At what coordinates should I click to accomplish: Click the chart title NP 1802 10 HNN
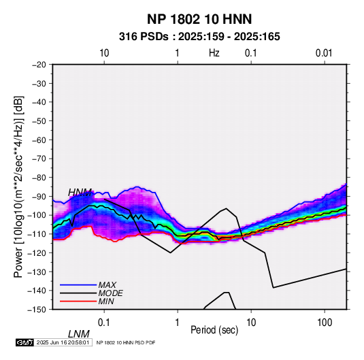coord(199,19)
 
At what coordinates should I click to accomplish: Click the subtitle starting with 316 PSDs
coord(199,37)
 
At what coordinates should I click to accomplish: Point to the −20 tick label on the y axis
coord(39,65)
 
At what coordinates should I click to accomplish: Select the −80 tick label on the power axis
coord(39,178)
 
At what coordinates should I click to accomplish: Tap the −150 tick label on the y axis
coord(37,310)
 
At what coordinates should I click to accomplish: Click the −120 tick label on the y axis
coord(37,252)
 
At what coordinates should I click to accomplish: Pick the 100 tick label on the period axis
coord(325,323)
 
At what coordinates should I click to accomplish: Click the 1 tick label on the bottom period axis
coord(178,323)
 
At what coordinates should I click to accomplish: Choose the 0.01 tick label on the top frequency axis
coord(324,53)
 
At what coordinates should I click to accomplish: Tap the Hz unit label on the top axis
coord(214,53)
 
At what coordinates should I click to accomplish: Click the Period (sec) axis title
coord(214,330)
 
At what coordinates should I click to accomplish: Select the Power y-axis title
coord(18,186)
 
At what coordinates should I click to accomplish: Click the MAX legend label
coord(107,284)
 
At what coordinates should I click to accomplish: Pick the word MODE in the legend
coord(110,293)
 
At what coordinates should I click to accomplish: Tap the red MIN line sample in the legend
coord(78,301)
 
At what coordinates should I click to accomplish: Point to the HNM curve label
coord(80,193)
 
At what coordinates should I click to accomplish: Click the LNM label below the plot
coord(79,334)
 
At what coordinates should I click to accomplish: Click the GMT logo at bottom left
coord(24,342)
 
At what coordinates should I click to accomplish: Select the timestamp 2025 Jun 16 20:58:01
coord(63,342)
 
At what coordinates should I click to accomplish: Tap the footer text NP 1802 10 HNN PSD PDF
coord(126,342)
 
